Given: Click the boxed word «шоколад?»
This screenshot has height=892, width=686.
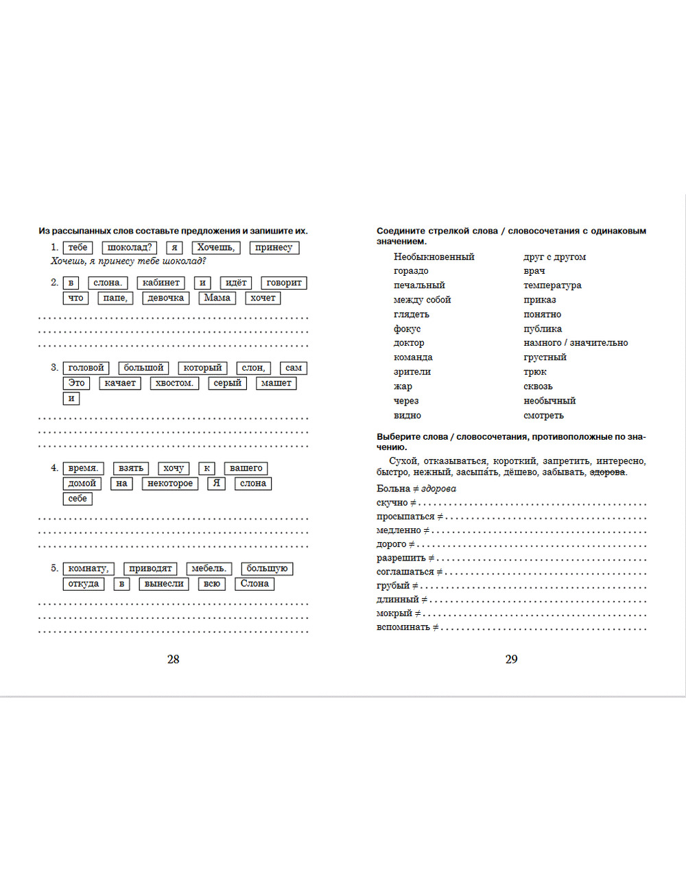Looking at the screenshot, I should click(x=130, y=248).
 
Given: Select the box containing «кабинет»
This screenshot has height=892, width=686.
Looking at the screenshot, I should click(x=161, y=283).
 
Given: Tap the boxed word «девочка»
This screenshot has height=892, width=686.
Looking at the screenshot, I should click(x=166, y=298).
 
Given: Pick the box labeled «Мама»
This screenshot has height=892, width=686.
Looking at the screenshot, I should click(x=217, y=298).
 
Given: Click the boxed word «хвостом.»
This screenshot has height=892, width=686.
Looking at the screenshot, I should click(x=174, y=383).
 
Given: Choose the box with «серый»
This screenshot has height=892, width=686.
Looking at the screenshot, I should click(x=227, y=383).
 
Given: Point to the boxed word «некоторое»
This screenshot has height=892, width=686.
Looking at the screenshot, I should click(x=170, y=483).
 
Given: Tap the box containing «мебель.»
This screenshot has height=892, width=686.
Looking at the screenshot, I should click(x=209, y=568).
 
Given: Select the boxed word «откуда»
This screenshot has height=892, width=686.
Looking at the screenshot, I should click(x=84, y=584).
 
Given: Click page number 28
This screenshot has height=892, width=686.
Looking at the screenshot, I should click(x=173, y=659).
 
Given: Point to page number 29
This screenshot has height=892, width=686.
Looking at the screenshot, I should click(x=511, y=659).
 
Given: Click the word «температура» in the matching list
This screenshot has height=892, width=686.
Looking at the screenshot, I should click(x=552, y=285).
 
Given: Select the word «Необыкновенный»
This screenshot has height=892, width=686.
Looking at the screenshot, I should click(x=434, y=257).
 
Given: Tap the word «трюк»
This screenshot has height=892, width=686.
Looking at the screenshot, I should click(x=535, y=372).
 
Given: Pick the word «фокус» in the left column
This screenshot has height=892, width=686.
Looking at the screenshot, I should click(x=407, y=329).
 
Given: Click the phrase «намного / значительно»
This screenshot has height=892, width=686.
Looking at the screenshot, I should click(x=576, y=343).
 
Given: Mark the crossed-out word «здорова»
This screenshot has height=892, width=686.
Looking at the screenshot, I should click(x=607, y=472).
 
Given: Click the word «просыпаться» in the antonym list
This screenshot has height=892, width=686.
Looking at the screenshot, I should click(x=405, y=517).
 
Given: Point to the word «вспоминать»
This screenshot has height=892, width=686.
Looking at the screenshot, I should click(x=403, y=627).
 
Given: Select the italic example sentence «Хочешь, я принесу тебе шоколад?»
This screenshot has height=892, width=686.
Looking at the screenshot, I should click(x=128, y=261).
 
